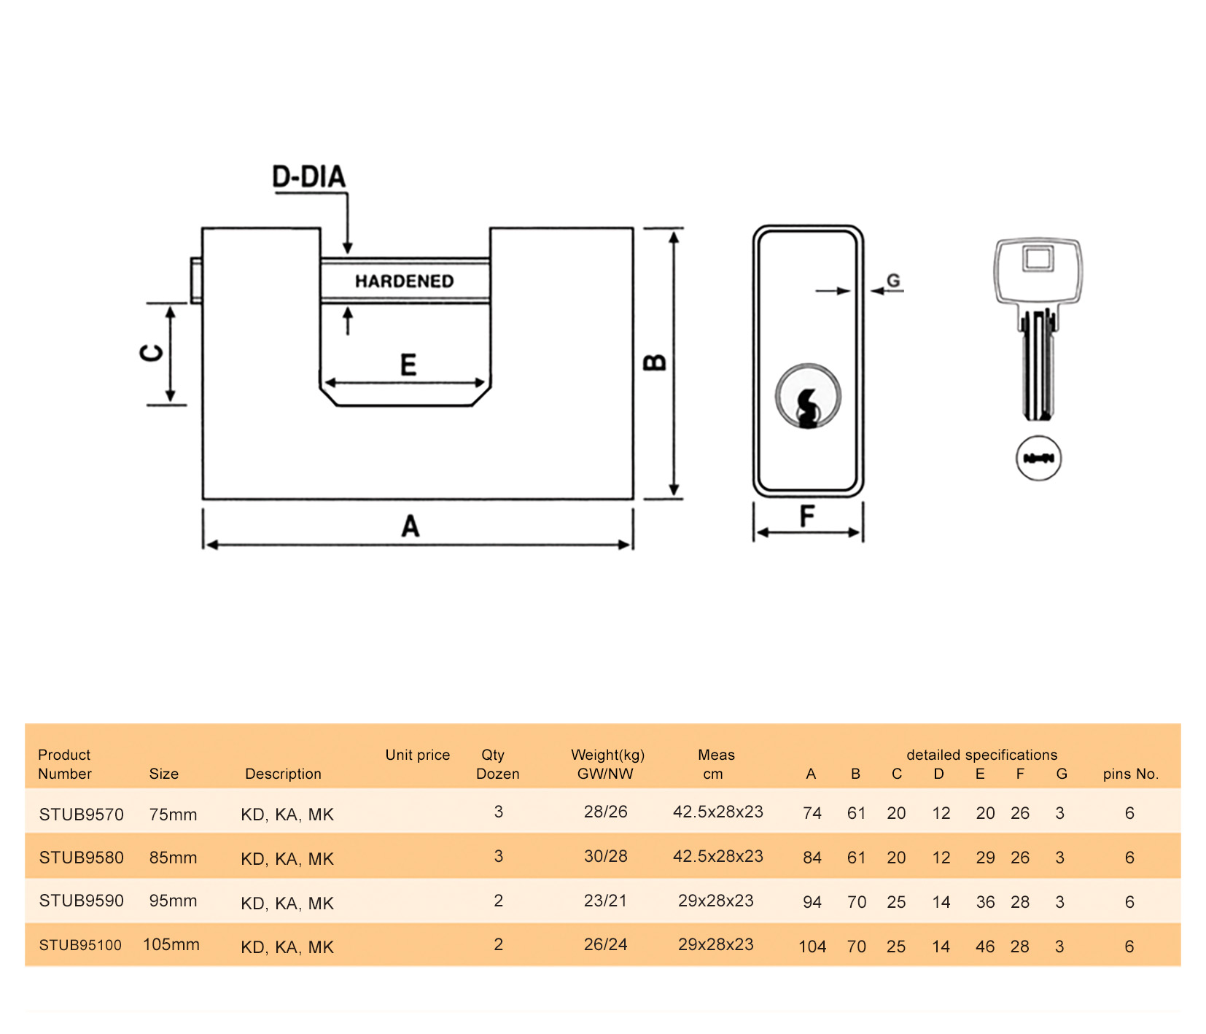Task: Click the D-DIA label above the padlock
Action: tap(308, 177)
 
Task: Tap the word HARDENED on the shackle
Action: tap(404, 281)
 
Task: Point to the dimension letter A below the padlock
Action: tap(411, 526)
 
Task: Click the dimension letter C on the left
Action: tap(152, 354)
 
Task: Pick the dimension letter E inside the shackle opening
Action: tap(408, 364)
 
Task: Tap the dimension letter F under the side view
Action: tap(806, 516)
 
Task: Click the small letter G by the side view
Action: tap(893, 281)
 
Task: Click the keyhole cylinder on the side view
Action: tap(808, 396)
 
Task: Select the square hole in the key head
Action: tap(1038, 258)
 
